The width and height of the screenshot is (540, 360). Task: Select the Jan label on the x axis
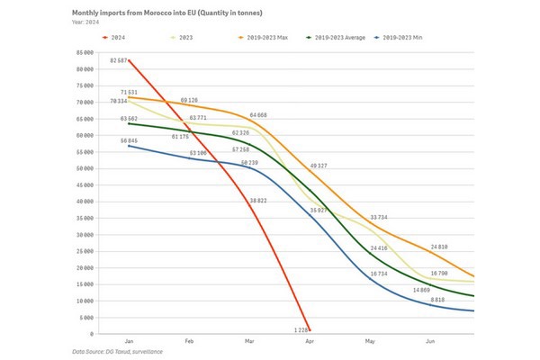(x=129, y=342)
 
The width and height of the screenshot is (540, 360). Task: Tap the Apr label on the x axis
(x=309, y=342)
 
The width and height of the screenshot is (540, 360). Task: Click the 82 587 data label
(x=121, y=59)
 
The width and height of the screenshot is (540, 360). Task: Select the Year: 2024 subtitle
(x=88, y=22)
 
